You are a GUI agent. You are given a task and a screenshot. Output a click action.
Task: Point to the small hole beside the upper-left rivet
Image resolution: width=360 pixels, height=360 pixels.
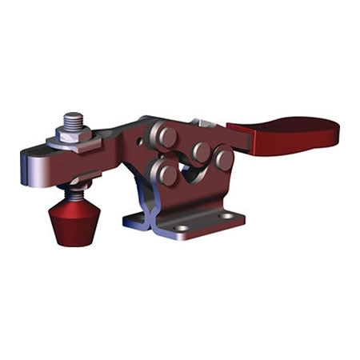click(x=144, y=145)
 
